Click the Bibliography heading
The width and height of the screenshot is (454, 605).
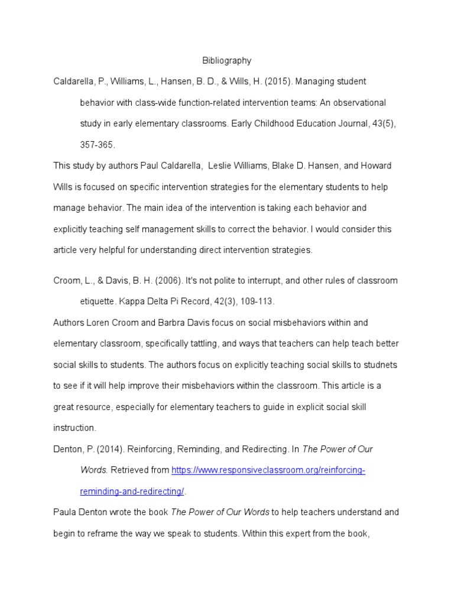pos(226,60)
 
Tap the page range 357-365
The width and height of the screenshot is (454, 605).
pos(98,145)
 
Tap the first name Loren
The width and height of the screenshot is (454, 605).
pos(98,323)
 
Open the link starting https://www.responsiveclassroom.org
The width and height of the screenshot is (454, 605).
pos(268,470)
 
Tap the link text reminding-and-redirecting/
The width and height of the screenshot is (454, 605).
pos(132,492)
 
